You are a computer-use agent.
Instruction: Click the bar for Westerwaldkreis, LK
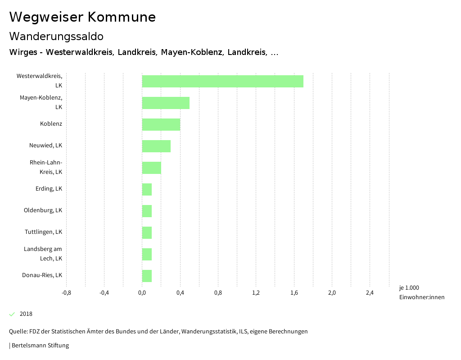[222, 81]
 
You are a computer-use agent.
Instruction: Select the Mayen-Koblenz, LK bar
[166, 103]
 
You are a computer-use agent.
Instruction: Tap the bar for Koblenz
[161, 124]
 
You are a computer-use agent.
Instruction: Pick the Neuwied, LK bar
[156, 146]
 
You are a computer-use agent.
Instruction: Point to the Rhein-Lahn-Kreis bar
[151, 168]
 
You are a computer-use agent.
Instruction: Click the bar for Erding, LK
[147, 189]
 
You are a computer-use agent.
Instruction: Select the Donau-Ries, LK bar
[147, 276]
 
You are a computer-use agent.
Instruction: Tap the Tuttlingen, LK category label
[43, 232]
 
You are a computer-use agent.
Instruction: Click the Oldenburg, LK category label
[43, 210]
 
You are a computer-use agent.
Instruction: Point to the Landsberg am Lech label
[43, 254]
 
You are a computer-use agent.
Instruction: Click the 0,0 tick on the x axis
[142, 293]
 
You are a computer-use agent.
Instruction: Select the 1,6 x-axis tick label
[294, 293]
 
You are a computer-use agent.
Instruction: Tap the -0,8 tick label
[66, 293]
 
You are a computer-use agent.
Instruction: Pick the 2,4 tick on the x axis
[370, 293]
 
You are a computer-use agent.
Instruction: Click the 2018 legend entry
[26, 314]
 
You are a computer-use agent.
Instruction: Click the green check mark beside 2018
[12, 314]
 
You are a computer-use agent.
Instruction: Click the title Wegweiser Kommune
[82, 17]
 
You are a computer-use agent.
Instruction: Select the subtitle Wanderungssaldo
[56, 36]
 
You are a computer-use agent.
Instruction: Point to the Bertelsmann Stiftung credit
[40, 346]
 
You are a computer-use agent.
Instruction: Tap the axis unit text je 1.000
[409, 288]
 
